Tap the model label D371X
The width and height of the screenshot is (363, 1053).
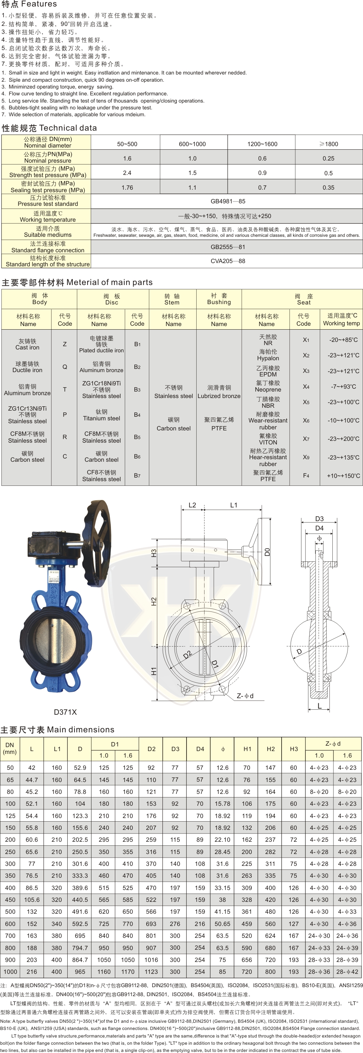click(66, 712)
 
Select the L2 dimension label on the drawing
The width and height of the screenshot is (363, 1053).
click(192, 505)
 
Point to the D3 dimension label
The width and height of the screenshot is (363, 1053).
click(319, 518)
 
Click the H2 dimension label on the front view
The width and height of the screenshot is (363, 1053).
click(153, 602)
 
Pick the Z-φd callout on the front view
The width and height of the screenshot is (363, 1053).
click(245, 696)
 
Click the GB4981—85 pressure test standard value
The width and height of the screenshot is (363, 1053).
click(228, 201)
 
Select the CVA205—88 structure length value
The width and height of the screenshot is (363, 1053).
click(228, 261)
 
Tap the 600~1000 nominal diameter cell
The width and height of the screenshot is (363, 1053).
click(192, 144)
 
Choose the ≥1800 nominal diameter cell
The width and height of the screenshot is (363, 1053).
click(329, 144)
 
